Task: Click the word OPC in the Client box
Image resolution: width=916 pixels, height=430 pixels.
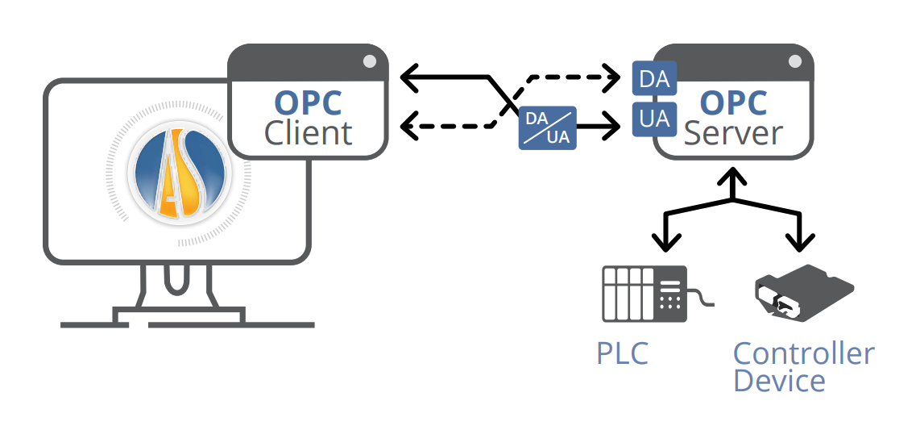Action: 308,102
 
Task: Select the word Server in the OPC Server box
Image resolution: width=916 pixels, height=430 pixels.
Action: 733,133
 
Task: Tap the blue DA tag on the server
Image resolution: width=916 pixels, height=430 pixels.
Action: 653,79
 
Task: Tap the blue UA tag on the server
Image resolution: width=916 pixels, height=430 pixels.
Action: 653,119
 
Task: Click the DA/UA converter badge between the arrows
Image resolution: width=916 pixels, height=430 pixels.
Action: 548,127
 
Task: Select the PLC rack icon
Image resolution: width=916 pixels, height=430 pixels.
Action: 645,294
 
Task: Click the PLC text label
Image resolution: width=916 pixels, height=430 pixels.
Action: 622,353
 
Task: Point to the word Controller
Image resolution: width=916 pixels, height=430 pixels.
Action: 803,353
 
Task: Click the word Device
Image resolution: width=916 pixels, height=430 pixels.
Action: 779,380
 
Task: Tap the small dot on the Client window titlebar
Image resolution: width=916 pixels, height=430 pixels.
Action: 369,61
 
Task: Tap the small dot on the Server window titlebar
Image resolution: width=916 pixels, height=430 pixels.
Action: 794,61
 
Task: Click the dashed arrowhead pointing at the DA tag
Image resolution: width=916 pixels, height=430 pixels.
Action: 614,79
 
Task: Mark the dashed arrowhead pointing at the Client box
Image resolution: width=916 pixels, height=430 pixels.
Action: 408,126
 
